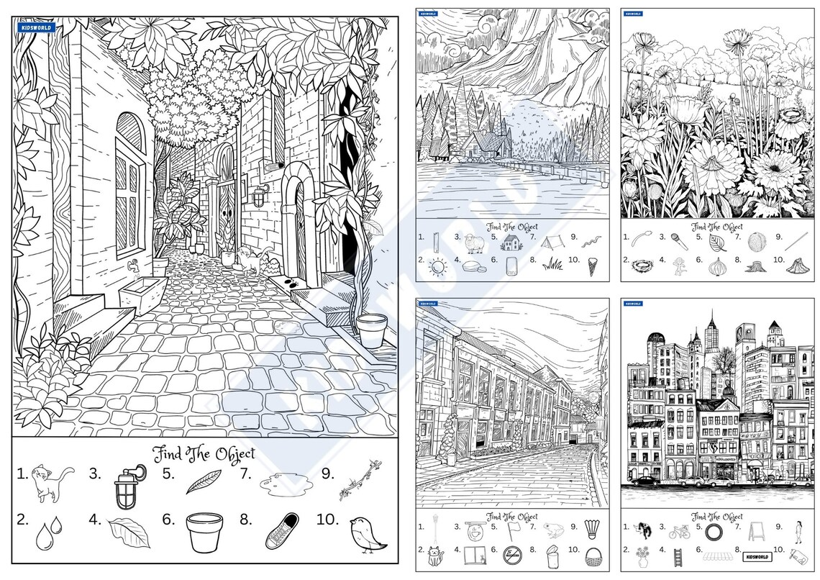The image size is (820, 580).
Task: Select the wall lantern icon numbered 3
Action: click(x=128, y=486)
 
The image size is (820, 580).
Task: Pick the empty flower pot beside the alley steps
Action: click(x=371, y=330)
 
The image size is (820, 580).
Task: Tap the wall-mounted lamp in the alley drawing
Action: click(x=258, y=195)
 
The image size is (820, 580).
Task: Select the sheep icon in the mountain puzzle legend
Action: click(x=473, y=243)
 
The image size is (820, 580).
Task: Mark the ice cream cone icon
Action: click(x=593, y=266)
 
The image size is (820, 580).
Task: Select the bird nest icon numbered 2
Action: click(x=639, y=265)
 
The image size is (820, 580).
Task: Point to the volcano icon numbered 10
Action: click(x=795, y=265)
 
